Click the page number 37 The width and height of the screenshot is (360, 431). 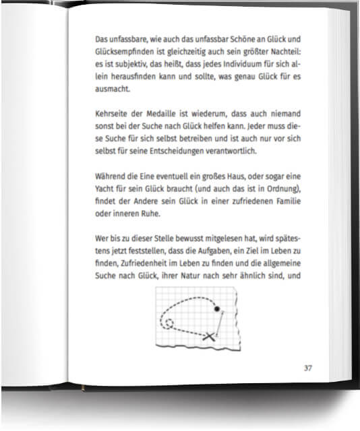pyautogui.click(x=307, y=368)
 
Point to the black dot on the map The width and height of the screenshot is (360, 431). pyautogui.click(x=217, y=309)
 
